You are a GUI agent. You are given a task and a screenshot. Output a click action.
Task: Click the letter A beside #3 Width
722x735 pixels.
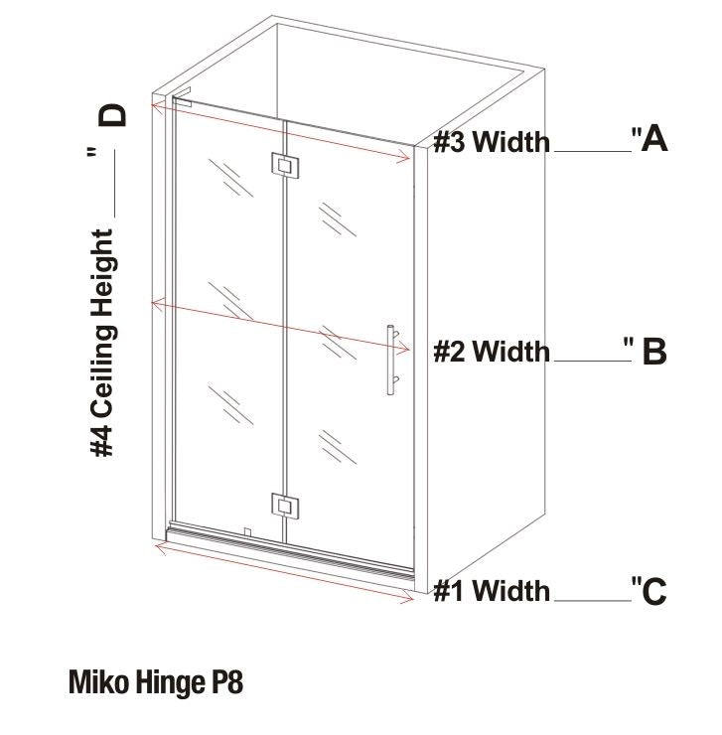[653, 139]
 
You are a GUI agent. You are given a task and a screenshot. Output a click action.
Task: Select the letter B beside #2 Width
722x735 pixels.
[654, 352]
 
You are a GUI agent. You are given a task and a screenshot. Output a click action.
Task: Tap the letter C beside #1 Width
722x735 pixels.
[653, 592]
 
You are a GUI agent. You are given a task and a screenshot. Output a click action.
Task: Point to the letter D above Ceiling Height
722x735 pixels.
[114, 114]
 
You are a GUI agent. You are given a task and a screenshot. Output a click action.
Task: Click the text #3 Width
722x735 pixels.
[492, 142]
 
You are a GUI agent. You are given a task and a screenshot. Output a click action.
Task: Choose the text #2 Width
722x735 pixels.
[492, 352]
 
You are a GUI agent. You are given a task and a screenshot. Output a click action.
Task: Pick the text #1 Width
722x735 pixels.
[492, 592]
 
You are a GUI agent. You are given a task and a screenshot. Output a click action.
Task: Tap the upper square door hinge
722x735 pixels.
[284, 167]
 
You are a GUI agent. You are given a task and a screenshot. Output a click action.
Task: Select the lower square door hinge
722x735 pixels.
[285, 507]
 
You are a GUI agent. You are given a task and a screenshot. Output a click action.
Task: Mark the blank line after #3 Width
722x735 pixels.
[591, 151]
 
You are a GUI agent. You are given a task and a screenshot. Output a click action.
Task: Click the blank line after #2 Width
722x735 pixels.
[588, 361]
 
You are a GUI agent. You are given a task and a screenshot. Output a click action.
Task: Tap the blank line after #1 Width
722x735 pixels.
[592, 601]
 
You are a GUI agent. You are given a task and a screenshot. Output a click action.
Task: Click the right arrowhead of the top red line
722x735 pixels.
[409, 156]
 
